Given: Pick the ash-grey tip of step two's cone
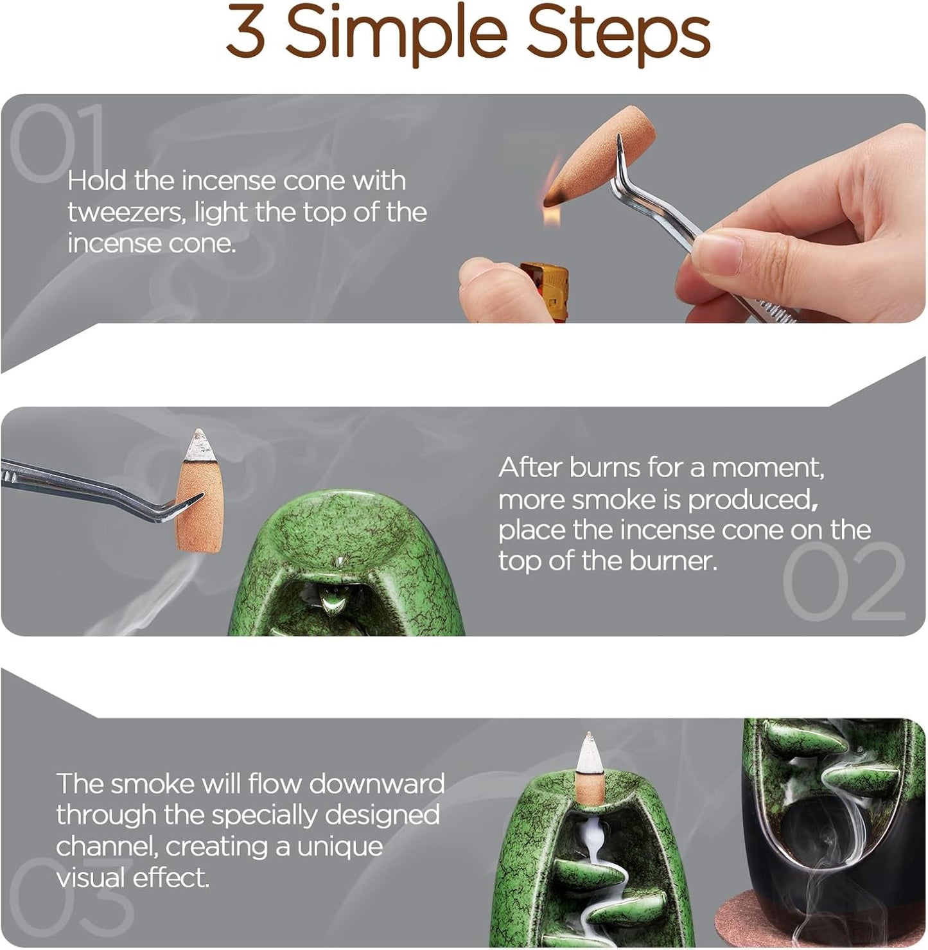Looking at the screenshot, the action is pos(199,446).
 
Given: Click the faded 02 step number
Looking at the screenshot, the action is pos(844,581).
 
